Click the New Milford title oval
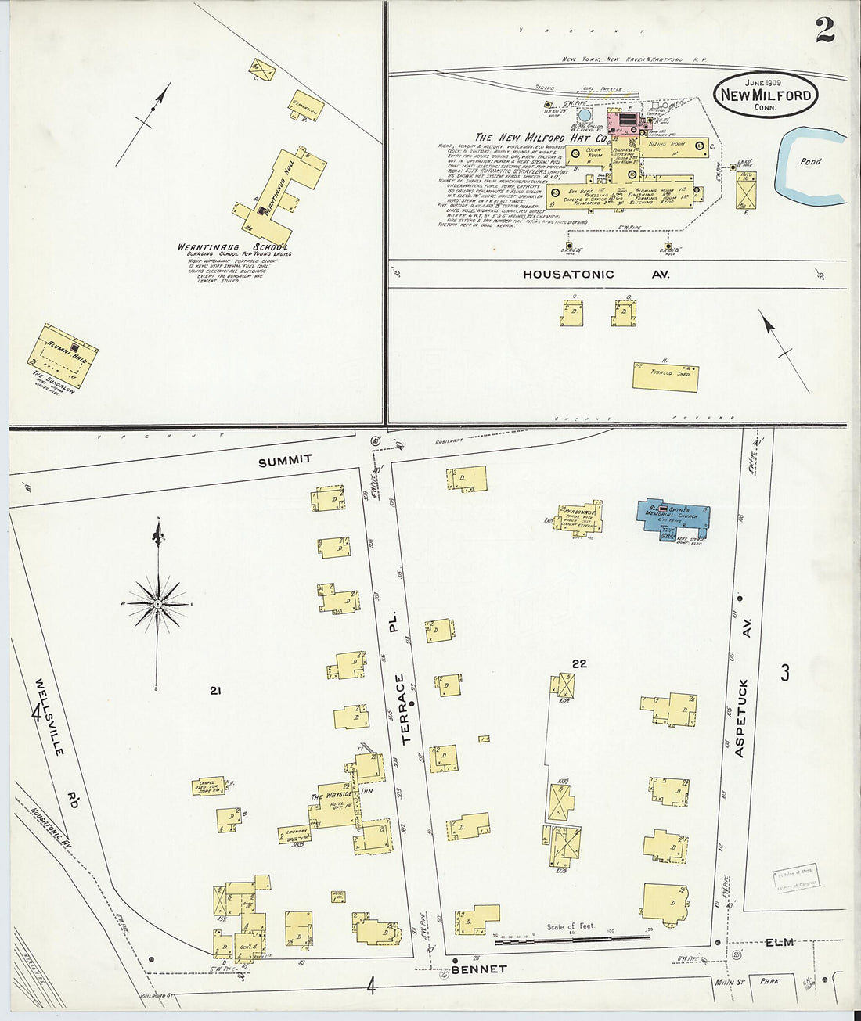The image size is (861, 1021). (x=766, y=95)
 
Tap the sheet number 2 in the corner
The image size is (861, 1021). (x=824, y=29)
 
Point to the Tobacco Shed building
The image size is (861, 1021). (x=665, y=376)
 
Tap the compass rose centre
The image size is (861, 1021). (x=158, y=604)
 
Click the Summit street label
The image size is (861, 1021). (x=286, y=461)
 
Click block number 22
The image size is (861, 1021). (x=579, y=663)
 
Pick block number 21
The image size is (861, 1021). (x=216, y=690)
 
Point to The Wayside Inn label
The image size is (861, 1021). (x=341, y=796)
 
